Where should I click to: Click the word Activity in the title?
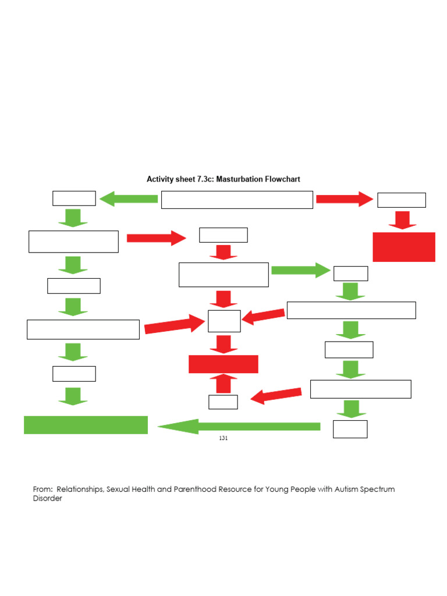(x=159, y=179)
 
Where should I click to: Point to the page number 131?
(x=223, y=438)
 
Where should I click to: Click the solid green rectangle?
(x=86, y=425)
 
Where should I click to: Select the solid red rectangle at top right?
(x=403, y=247)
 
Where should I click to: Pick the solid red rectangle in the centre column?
(x=223, y=364)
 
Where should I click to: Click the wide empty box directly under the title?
(x=237, y=200)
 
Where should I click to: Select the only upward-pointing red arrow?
(x=223, y=384)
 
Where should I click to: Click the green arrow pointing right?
(x=300, y=270)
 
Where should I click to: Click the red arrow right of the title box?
(x=344, y=199)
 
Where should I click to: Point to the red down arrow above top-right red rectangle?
(x=402, y=220)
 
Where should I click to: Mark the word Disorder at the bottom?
(x=47, y=499)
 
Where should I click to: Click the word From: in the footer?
(x=43, y=489)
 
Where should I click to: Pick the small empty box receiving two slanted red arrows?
(x=224, y=321)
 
